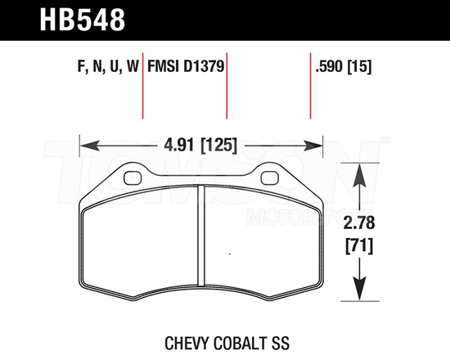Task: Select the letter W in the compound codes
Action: pos(131,69)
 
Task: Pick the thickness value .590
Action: pos(329,69)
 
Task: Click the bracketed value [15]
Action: pos(360,69)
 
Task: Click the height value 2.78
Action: pos(358,222)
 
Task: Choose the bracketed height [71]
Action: pos(358,245)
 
